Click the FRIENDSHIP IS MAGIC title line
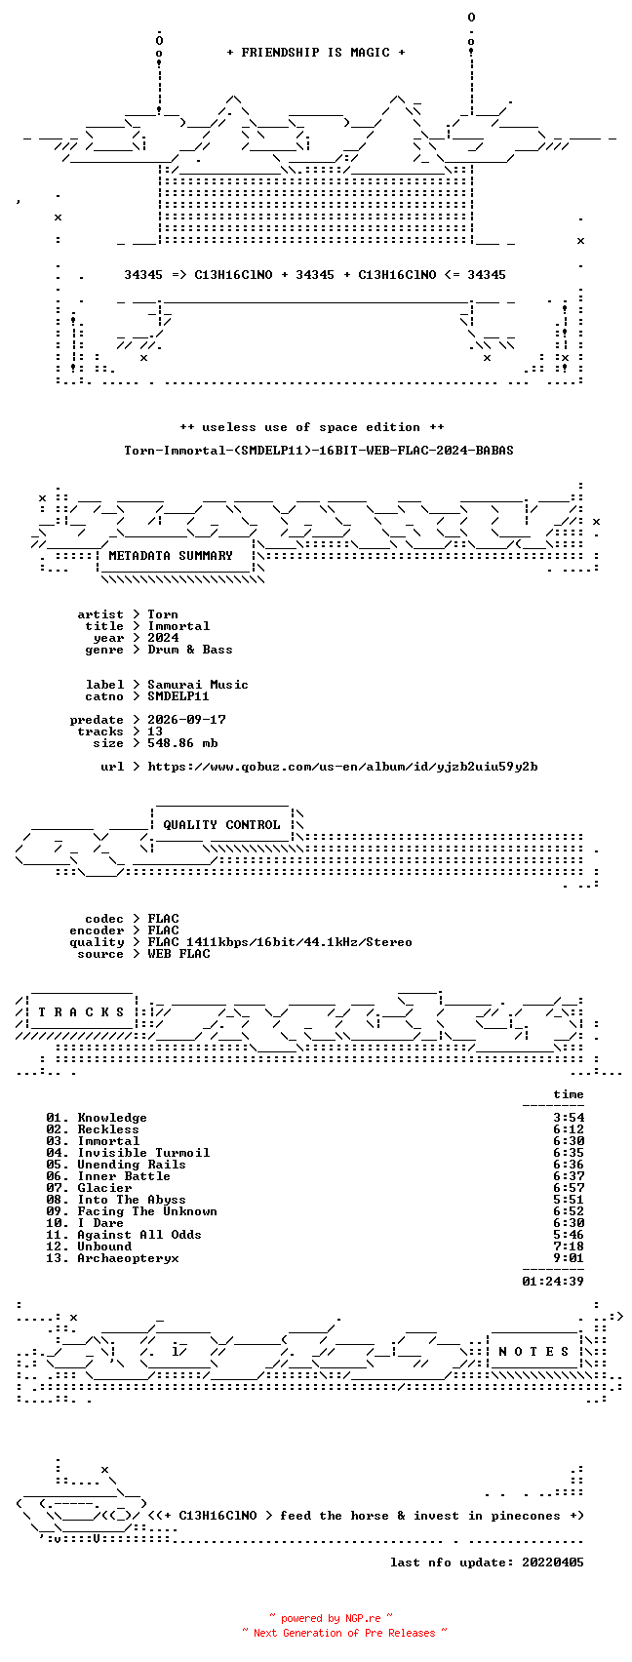click(x=316, y=52)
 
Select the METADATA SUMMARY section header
click(x=171, y=555)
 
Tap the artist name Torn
click(x=163, y=614)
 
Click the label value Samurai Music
click(x=197, y=684)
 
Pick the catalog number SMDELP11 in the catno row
click(x=178, y=696)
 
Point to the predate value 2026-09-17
click(x=186, y=720)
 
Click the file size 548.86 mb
click(x=182, y=742)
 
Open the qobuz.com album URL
click(x=342, y=767)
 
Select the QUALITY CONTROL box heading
click(x=221, y=824)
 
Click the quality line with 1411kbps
click(x=280, y=942)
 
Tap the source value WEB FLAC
click(x=178, y=954)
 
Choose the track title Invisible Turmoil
click(x=144, y=1153)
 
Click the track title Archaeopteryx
click(x=129, y=1258)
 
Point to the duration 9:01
click(x=569, y=1258)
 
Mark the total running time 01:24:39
click(x=553, y=1282)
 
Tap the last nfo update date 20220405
click(x=553, y=1562)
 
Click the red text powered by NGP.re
click(x=331, y=1618)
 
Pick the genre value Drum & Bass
click(x=190, y=650)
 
